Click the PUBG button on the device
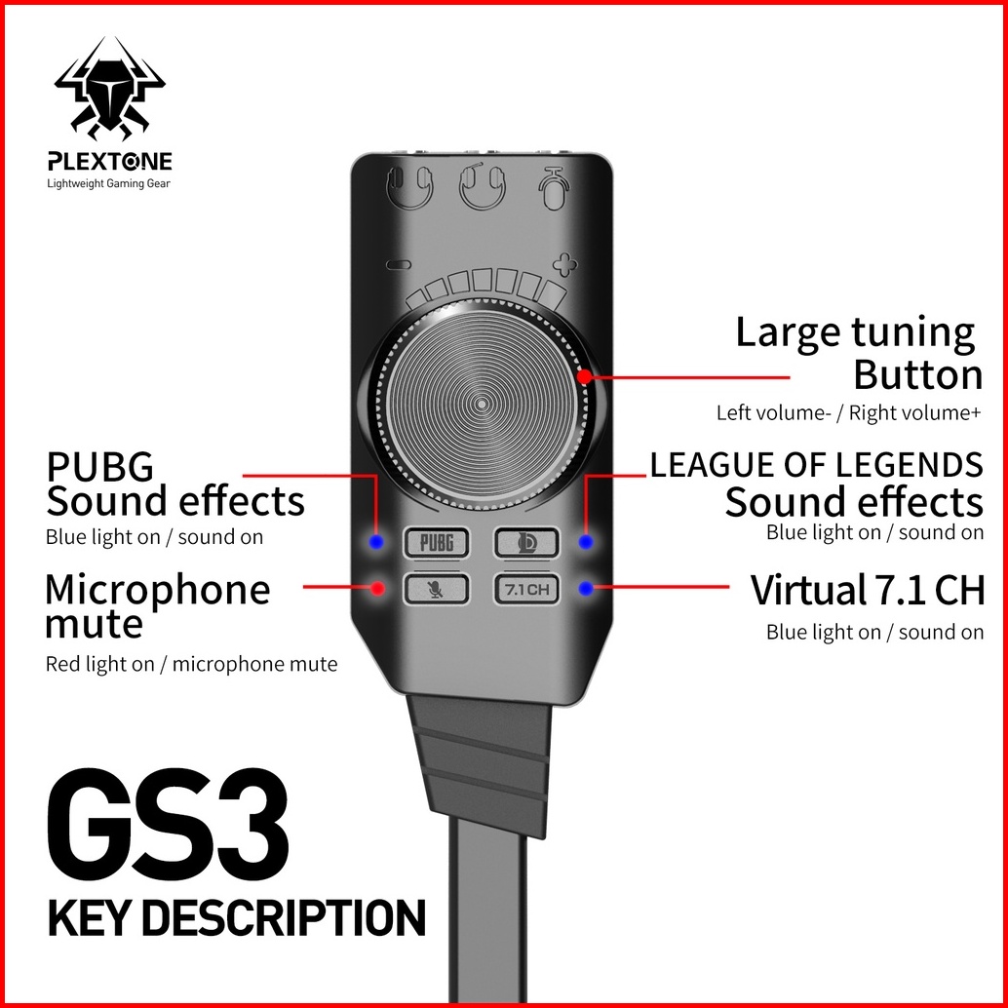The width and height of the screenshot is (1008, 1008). [x=436, y=541]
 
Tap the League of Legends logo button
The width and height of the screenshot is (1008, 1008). [x=526, y=541]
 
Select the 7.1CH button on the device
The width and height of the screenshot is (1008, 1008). [x=526, y=589]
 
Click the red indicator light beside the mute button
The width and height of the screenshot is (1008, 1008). [x=377, y=588]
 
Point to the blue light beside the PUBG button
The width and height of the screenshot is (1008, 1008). [x=377, y=541]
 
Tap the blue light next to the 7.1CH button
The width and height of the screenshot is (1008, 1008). [x=585, y=588]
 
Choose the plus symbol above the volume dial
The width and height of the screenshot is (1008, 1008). [x=563, y=263]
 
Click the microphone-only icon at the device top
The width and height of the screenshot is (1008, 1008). [x=555, y=185]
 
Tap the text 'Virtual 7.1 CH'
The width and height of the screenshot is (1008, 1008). [x=867, y=591]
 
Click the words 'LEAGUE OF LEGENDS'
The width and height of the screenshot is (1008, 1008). [x=816, y=465]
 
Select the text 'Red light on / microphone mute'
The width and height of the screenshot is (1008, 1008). [x=191, y=665]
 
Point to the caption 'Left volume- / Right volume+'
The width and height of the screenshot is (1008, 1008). [x=848, y=412]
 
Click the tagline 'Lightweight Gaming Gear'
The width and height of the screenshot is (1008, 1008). [x=108, y=183]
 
